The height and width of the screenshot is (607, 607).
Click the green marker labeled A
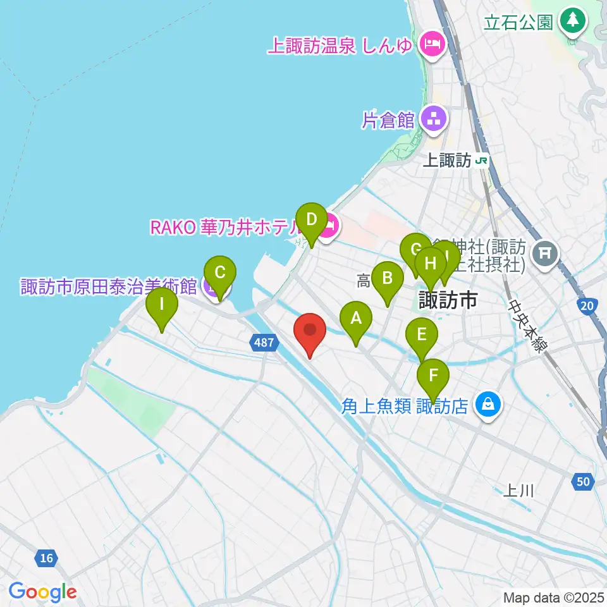pyautogui.click(x=356, y=319)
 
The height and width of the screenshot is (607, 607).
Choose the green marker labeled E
pyautogui.click(x=422, y=334)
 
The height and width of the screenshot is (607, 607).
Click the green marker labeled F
pyautogui.click(x=433, y=376)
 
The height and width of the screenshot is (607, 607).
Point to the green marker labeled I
pyautogui.click(x=162, y=305)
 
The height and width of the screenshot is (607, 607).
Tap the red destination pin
pyautogui.click(x=310, y=331)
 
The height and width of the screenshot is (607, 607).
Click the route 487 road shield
pyautogui.click(x=264, y=342)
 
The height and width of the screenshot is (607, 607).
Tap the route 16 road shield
pyautogui.click(x=45, y=558)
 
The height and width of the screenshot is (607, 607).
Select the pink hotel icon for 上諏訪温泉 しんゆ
pyautogui.click(x=433, y=45)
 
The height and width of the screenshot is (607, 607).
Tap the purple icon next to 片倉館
pyautogui.click(x=433, y=118)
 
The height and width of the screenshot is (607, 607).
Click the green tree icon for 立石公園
pyautogui.click(x=573, y=20)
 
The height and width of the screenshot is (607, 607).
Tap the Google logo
pyautogui.click(x=42, y=592)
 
